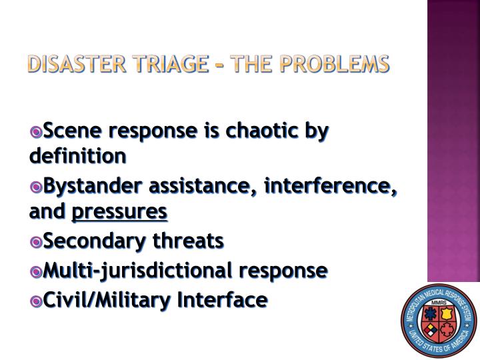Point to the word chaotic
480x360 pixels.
coord(266,131)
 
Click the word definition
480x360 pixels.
coord(77,157)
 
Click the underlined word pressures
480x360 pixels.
coord(119,211)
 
